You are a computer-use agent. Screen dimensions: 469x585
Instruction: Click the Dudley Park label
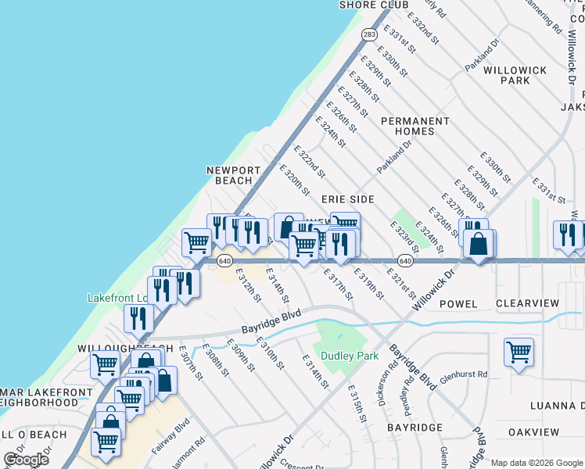346,356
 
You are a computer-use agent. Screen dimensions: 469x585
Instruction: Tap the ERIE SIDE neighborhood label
347,199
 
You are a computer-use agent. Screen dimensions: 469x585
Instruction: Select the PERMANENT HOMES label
415,126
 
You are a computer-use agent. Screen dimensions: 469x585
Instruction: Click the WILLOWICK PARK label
515,75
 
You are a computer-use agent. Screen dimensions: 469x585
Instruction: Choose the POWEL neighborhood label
458,303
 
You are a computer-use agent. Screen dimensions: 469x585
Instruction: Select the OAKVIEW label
534,432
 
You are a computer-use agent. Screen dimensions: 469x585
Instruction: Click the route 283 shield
368,34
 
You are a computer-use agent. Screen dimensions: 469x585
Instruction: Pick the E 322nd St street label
308,159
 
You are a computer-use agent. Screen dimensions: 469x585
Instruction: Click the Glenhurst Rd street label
463,375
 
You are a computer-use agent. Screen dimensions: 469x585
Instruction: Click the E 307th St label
190,363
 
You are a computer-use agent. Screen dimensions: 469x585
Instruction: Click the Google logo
26,460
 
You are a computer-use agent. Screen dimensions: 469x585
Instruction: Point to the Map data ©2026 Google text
537,463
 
